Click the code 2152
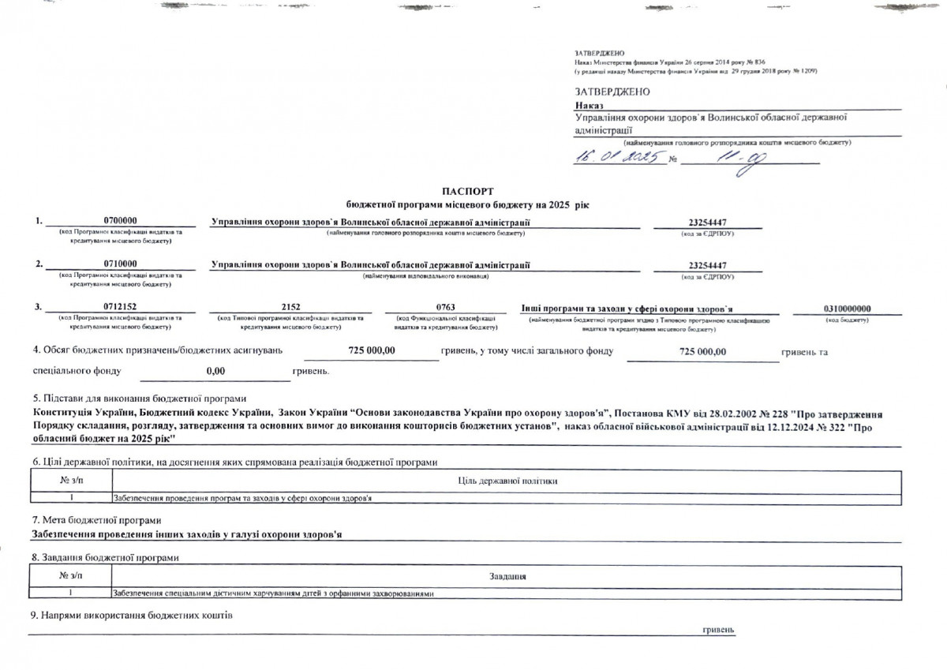[x=290, y=308]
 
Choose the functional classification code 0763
[x=445, y=308]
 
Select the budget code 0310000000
[x=848, y=308]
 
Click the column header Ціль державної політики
[x=507, y=480]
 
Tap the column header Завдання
[x=507, y=578]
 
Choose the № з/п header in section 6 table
[x=70, y=480]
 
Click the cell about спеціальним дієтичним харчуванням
[x=274, y=593]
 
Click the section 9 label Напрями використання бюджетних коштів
[x=130, y=615]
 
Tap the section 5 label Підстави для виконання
[x=139, y=399]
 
